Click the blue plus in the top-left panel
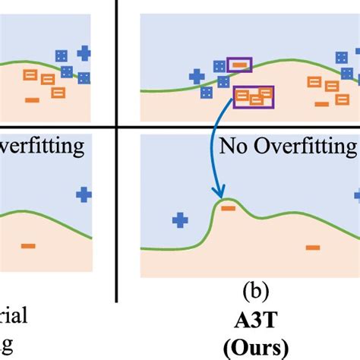pyautogui.click(x=84, y=52)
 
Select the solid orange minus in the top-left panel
pyautogui.click(x=33, y=100)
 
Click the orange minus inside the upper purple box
pyautogui.click(x=239, y=66)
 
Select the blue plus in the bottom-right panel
pyautogui.click(x=180, y=220)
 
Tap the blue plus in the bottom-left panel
pyautogui.click(x=83, y=195)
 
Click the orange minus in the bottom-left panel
pyautogui.click(x=28, y=245)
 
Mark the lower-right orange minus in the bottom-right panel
pyautogui.click(x=312, y=246)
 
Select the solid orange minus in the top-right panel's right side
pyautogui.click(x=322, y=103)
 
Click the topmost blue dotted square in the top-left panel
pyautogui.click(x=62, y=55)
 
